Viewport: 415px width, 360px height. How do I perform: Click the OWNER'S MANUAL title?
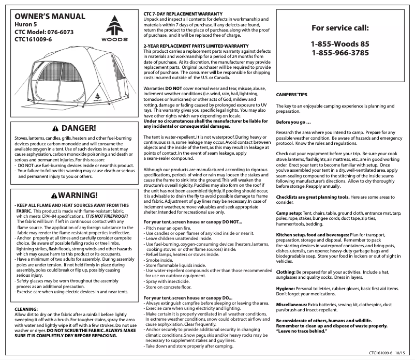click(x=47, y=17)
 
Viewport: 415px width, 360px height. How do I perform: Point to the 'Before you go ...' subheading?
click(x=293, y=122)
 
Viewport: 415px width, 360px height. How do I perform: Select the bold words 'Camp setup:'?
click(x=290, y=213)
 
